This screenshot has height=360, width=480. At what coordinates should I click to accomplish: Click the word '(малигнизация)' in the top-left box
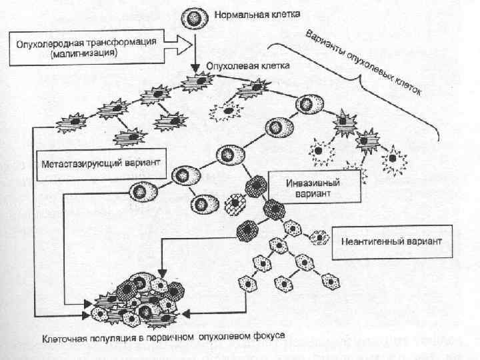(83, 53)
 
